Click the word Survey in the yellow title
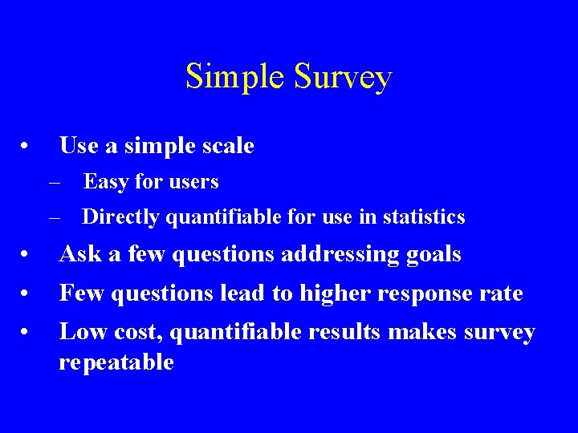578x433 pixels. pos(343,77)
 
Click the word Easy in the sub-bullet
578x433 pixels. pos(106,182)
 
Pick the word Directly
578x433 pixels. pos(117,216)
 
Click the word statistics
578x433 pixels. pos(424,216)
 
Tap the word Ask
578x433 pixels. pos(79,254)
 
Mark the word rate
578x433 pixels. pos(501,293)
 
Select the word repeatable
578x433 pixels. pos(116,362)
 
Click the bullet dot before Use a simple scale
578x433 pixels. pos(26,147)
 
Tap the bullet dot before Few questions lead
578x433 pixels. pos(26,294)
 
